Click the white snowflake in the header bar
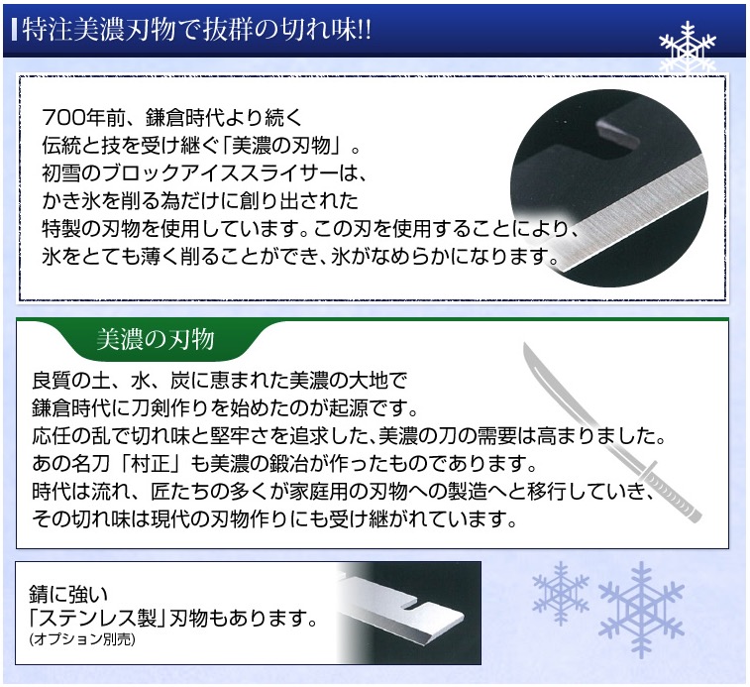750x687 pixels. tap(687, 47)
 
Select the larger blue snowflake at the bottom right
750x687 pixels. tap(642, 607)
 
